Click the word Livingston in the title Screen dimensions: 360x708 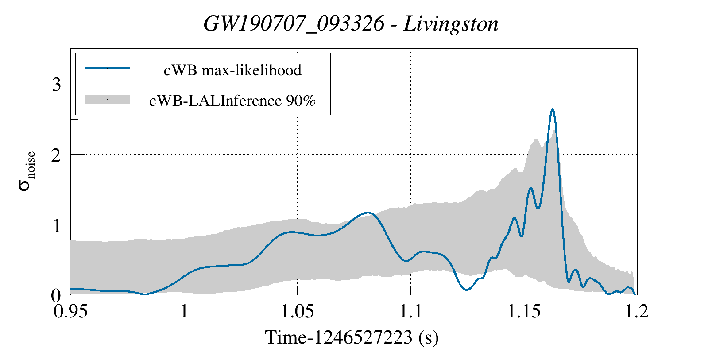(x=451, y=24)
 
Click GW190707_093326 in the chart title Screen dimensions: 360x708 (x=294, y=24)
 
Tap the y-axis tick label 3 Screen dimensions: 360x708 (x=56, y=84)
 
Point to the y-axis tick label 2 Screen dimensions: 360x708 (x=56, y=155)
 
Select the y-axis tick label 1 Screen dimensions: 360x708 (x=56, y=225)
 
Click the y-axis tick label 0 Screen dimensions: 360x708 (x=56, y=295)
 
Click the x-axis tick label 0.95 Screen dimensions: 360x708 (x=70, y=311)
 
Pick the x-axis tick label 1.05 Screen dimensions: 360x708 (x=297, y=311)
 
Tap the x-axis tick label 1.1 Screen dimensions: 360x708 (x=410, y=311)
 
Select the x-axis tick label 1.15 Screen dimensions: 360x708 (x=524, y=311)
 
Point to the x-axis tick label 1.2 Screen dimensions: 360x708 (x=637, y=311)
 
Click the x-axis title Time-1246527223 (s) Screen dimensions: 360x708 (x=352, y=337)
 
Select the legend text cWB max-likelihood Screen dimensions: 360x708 (x=232, y=70)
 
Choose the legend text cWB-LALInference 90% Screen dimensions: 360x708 (x=232, y=101)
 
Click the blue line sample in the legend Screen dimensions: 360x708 (x=107, y=68)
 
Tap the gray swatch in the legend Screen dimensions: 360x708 (x=107, y=99)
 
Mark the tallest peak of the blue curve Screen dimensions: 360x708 (x=552, y=109)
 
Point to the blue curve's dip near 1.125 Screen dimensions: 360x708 (x=467, y=290)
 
